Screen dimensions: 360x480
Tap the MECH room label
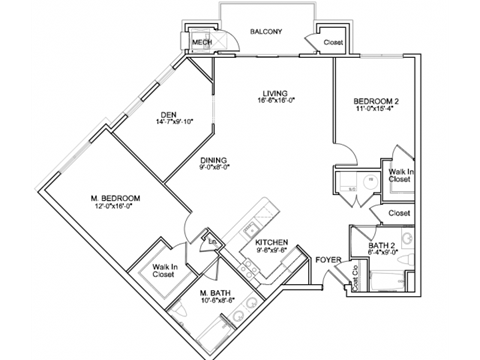[201, 42]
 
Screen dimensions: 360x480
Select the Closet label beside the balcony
[332, 43]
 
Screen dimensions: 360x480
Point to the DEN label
[165, 114]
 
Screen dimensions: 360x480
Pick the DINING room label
[212, 159]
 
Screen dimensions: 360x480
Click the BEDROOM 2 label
[376, 102]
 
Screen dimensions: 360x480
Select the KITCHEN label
[272, 242]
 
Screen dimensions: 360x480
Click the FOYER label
[328, 260]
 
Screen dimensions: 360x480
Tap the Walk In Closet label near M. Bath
[166, 271]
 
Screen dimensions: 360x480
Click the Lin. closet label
[212, 239]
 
